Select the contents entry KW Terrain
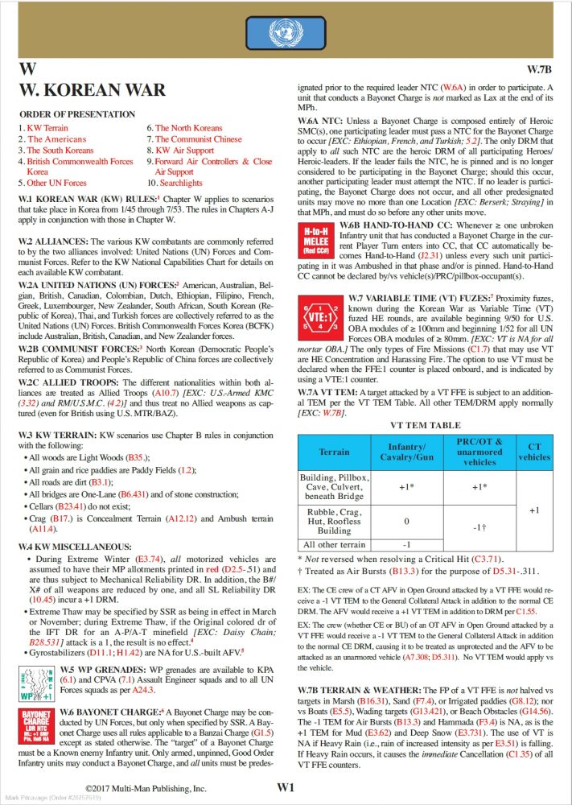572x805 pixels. coord(47,127)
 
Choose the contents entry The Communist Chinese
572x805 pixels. coord(196,138)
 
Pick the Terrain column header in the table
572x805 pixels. coord(334,452)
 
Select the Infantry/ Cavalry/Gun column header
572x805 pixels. coord(405,452)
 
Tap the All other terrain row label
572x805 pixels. coord(334,543)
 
